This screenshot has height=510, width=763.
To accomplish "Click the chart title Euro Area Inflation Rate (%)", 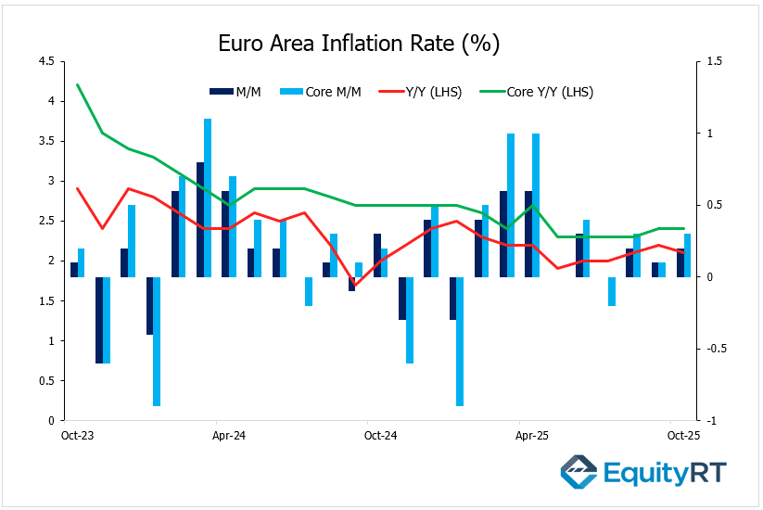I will coord(358,43).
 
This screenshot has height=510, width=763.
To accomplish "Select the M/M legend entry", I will coord(235,92).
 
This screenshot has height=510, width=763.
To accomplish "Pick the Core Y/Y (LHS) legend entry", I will coord(537,92).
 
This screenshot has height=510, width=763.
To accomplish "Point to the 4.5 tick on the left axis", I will coord(45,61).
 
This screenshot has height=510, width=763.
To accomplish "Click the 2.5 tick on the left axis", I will coord(45,221).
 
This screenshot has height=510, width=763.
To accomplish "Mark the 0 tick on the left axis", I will coord(50,420).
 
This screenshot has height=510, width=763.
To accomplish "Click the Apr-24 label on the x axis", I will coord(228,434).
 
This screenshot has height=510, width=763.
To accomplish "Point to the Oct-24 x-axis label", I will coord(380,434).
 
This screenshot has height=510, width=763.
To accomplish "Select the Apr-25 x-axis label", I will coord(532,434).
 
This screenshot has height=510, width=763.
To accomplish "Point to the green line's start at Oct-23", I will coord(77,85).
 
